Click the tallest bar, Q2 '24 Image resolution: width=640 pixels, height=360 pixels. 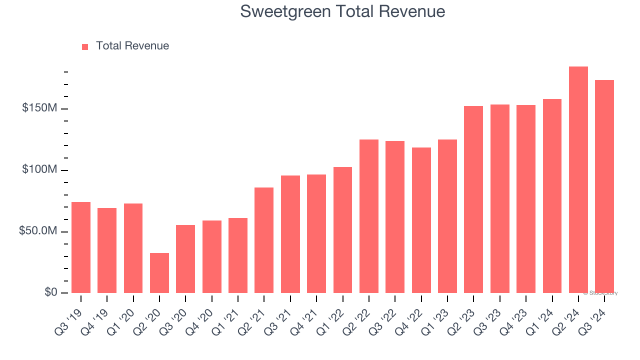click(578, 180)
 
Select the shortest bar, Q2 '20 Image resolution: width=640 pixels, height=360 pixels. click(159, 273)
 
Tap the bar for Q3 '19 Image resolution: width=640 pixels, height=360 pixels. click(81, 247)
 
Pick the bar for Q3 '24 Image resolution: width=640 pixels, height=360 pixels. click(604, 186)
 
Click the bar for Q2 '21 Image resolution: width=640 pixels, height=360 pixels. click(264, 240)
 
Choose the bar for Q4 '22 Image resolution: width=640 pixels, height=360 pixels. click(421, 220)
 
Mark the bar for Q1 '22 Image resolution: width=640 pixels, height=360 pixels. click(342, 230)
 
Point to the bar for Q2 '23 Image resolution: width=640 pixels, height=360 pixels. click(473, 199)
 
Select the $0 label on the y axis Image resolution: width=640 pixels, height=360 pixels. click(50, 292)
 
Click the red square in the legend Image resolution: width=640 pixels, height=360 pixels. click(85, 46)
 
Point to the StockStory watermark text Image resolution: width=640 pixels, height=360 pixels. click(600, 293)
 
